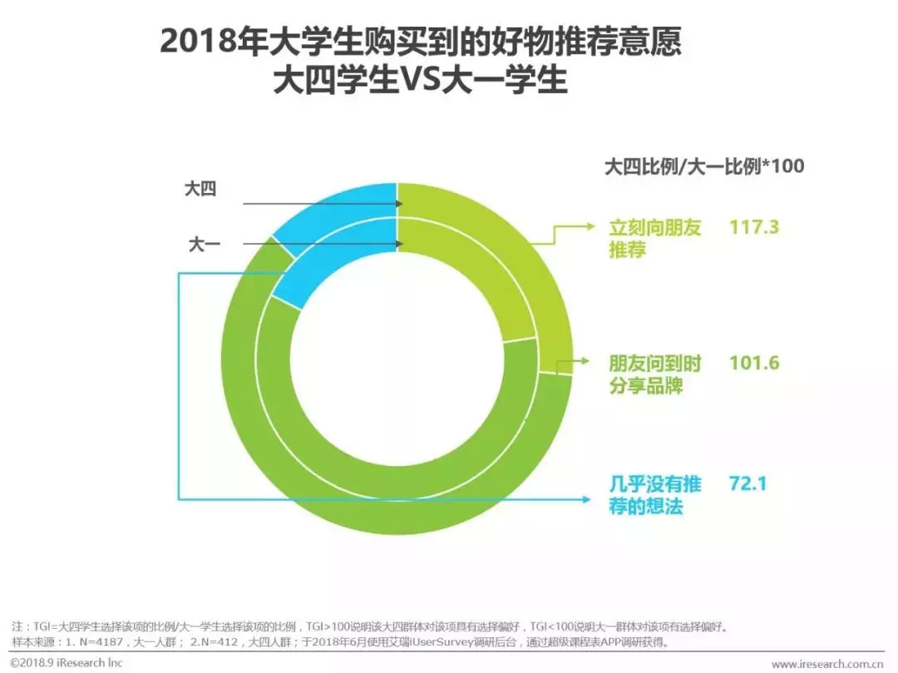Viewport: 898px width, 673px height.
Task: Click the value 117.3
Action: [x=753, y=226]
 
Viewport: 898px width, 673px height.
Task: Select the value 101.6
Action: [x=753, y=363]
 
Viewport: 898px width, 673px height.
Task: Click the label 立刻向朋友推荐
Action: [x=654, y=239]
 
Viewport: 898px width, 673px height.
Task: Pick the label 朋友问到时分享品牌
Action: [x=654, y=375]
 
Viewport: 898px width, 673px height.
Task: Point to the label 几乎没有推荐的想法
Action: [x=654, y=495]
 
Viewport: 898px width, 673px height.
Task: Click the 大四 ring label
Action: [x=200, y=190]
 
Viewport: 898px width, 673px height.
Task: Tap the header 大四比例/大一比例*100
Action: [x=703, y=166]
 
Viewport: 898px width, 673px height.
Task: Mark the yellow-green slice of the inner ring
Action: [x=482, y=283]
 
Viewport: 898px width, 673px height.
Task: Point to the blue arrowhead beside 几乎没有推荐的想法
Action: [x=591, y=498]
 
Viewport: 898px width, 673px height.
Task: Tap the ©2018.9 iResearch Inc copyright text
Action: [x=67, y=662]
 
